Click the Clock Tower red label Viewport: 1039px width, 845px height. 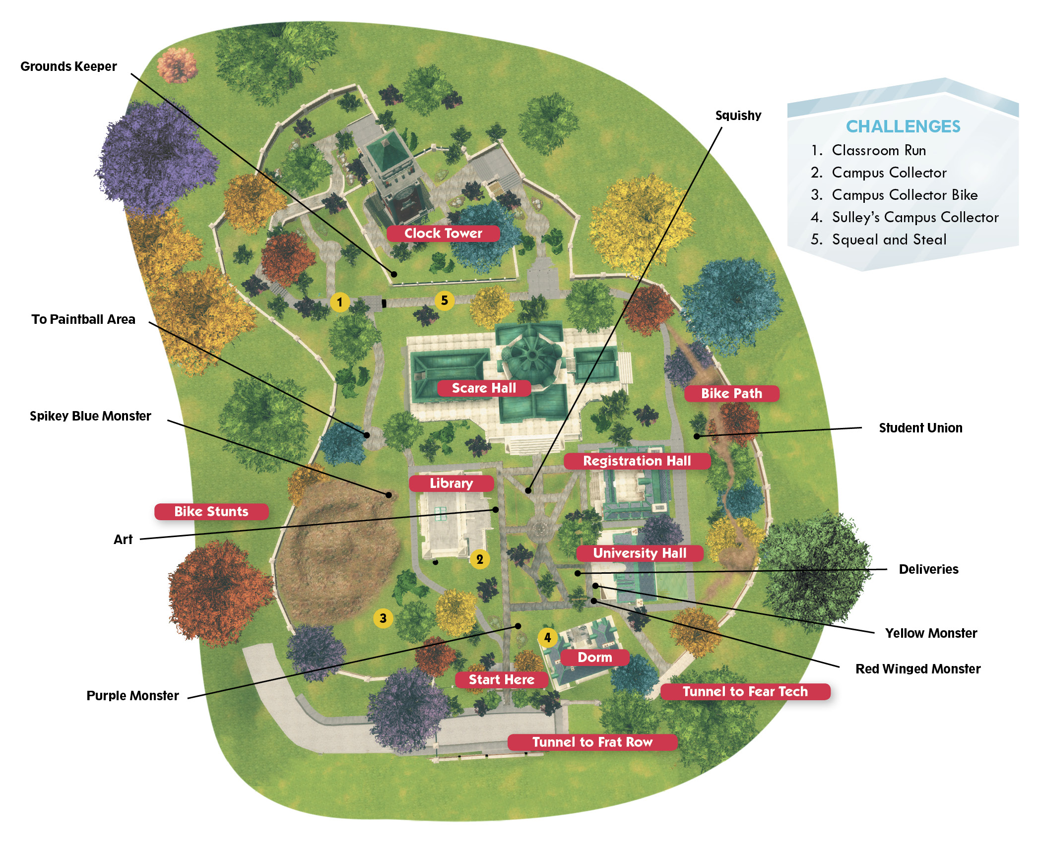coord(443,233)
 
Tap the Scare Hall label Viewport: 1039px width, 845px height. coord(484,388)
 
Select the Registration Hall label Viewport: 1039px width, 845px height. coord(637,461)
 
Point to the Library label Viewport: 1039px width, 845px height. coord(452,483)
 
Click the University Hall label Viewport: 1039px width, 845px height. coord(640,553)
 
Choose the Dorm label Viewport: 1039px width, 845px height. coord(595,657)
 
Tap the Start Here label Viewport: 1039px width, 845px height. coord(502,679)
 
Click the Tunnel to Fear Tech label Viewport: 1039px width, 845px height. coord(745,691)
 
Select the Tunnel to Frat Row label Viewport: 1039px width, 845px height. coord(592,742)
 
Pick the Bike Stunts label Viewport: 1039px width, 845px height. coord(211,511)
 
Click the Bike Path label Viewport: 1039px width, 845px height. coord(732,393)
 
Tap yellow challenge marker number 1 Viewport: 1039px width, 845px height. coord(340,302)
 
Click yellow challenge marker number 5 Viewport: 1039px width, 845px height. coord(445,300)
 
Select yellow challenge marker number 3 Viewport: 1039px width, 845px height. coord(383,618)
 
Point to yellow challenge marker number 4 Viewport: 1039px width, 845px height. coord(548,637)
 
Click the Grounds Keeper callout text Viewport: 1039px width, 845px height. coord(68,66)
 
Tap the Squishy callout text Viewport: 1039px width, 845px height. coord(738,116)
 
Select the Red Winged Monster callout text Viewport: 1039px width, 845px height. coord(918,668)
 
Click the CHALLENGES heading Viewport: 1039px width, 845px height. coord(903,126)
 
